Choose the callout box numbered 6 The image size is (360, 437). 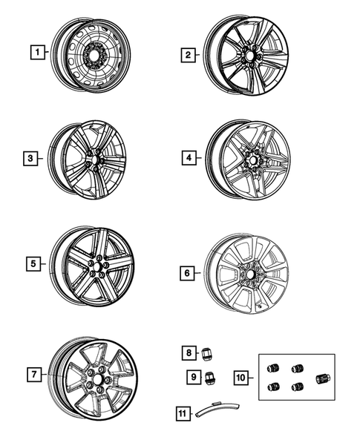click(188, 273)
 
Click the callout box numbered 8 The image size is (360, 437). click(189, 352)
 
